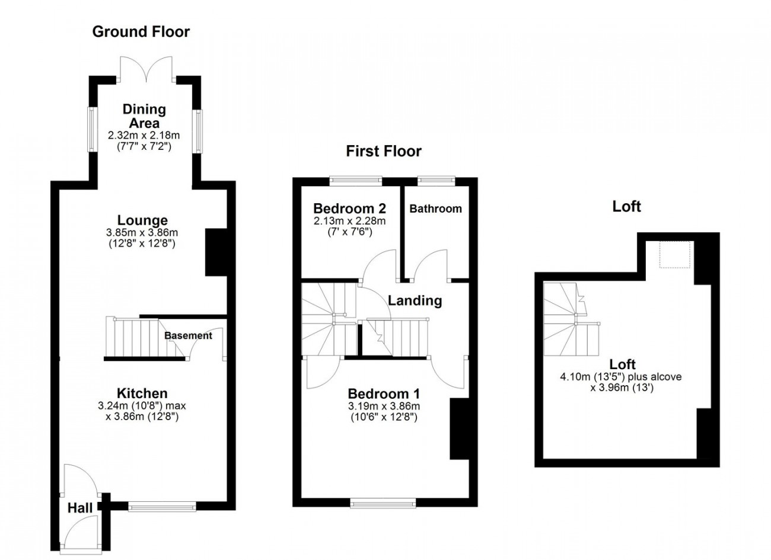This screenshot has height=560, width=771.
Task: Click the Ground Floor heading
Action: tap(141, 31)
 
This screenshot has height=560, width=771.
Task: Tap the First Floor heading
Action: tap(384, 151)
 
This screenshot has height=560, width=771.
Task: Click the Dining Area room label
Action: tap(144, 116)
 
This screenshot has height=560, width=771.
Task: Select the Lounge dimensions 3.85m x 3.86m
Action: tap(142, 232)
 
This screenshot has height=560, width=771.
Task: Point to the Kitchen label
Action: tap(142, 393)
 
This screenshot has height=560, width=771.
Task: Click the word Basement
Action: tap(188, 335)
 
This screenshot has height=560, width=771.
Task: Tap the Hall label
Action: tap(80, 508)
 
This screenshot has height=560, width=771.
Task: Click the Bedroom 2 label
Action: tap(349, 209)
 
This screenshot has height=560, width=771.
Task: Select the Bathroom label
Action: tap(435, 209)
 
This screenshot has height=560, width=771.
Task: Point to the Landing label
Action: tap(415, 300)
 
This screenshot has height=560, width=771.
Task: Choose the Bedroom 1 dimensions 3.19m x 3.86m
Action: tap(384, 406)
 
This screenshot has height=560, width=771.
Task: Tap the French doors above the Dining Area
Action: tap(146, 69)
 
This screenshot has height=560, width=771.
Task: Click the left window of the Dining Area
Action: tap(91, 129)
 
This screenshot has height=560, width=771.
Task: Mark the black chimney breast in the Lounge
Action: tap(216, 252)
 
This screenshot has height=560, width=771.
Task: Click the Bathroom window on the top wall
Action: tap(436, 181)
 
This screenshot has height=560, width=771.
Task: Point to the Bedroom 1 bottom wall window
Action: tap(383, 503)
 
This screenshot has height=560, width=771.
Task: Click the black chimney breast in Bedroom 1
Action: tap(460, 428)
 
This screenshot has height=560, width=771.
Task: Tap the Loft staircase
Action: tap(571, 319)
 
